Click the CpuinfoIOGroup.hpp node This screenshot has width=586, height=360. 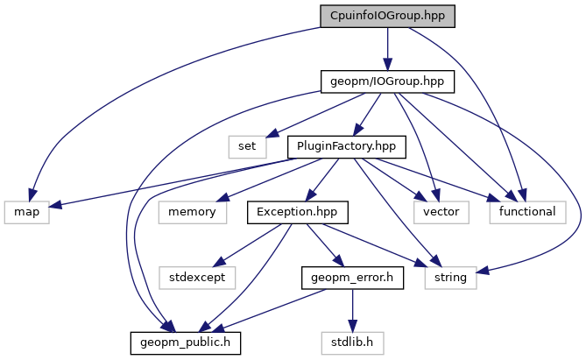click(x=388, y=16)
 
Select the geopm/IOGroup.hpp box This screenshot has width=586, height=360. click(x=388, y=81)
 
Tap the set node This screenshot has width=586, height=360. click(x=248, y=145)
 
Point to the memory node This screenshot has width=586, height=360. click(x=193, y=211)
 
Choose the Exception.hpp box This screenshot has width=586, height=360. click(x=298, y=211)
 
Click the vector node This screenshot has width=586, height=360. click(x=441, y=211)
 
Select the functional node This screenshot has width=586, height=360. click(x=527, y=211)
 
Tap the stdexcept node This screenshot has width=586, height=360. click(x=197, y=277)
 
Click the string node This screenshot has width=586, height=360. click(x=452, y=277)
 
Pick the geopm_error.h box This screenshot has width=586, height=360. click(x=351, y=277)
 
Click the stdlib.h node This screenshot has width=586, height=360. click(x=352, y=341)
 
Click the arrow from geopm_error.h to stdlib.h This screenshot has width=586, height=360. click(x=351, y=308)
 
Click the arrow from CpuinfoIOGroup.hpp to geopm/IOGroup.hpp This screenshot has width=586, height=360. click(x=388, y=48)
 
